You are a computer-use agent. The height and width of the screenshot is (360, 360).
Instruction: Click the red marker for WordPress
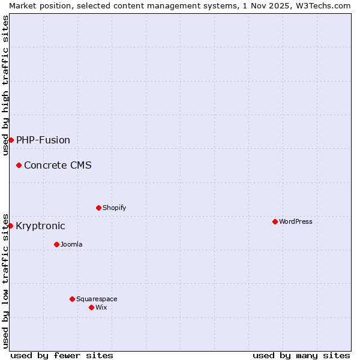tap(275, 221)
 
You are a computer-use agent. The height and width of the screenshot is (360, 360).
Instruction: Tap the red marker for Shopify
tap(98, 208)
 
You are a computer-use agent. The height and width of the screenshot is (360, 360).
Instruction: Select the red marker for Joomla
tap(56, 244)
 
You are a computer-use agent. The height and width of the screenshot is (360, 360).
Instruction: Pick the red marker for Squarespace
tap(72, 299)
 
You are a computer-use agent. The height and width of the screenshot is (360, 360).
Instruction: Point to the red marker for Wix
tap(91, 307)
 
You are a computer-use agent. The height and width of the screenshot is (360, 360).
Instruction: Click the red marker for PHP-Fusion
tap(11, 140)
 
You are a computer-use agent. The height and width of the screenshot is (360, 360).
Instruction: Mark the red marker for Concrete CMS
tap(19, 165)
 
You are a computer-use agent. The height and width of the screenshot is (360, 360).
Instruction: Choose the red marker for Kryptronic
tap(10, 226)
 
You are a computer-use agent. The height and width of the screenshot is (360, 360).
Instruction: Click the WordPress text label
tap(296, 221)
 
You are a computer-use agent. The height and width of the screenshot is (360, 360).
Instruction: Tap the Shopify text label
tap(115, 208)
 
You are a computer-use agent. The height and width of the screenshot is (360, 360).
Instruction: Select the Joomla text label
tap(71, 244)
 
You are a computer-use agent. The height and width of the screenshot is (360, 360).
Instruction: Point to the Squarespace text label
tap(97, 299)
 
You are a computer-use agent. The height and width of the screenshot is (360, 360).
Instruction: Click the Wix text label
tap(101, 307)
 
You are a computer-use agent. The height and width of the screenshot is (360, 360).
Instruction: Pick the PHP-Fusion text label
tap(43, 140)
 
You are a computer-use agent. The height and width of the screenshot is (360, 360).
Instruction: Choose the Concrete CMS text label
tap(58, 165)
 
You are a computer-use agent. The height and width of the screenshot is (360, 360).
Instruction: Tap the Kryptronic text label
tap(40, 226)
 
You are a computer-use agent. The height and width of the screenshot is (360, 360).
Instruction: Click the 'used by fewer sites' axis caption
tap(62, 355)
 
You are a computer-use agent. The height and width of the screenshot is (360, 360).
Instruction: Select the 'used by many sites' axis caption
tap(301, 355)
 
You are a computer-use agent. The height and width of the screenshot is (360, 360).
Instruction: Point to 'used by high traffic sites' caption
tap(5, 85)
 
